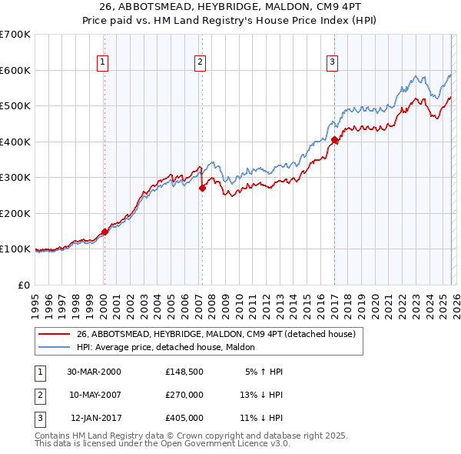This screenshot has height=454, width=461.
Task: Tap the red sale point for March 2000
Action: point(104,232)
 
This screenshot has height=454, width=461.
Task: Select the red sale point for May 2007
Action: point(202,188)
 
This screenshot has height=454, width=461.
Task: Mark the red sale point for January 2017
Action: point(335,140)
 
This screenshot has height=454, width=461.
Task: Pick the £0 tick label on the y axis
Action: point(23,285)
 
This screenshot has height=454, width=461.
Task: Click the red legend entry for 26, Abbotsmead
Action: point(215,335)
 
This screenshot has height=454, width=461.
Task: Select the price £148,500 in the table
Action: point(184,372)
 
